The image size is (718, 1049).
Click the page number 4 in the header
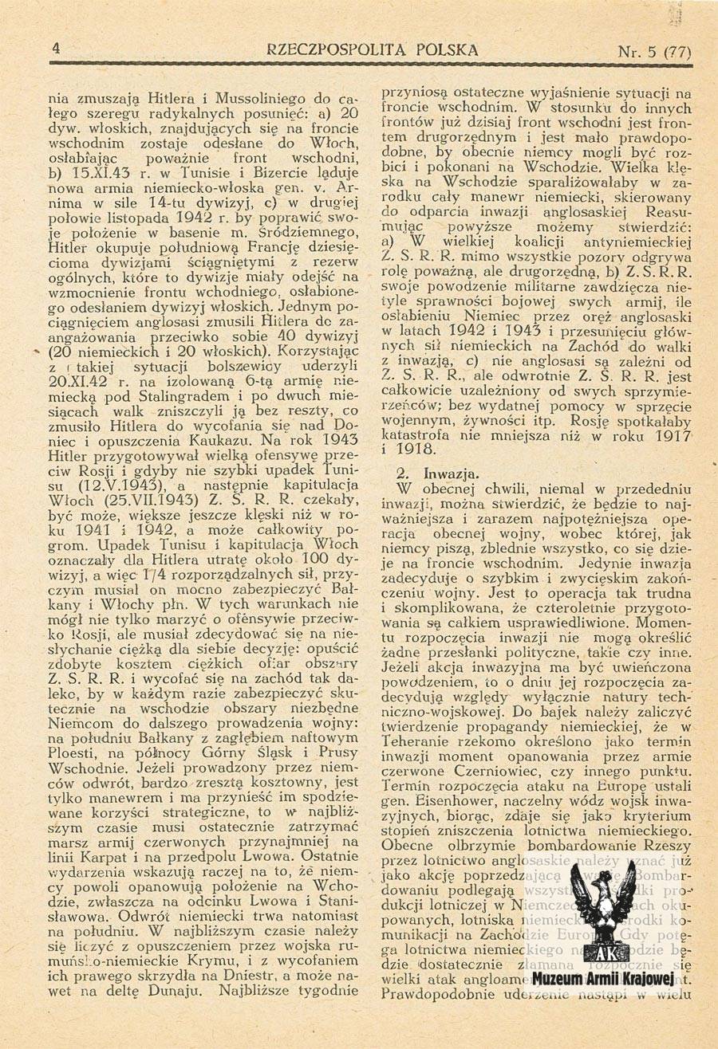coord(56,49)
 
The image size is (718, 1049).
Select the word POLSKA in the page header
coord(441,50)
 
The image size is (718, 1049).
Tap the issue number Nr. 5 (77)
coord(653,53)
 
